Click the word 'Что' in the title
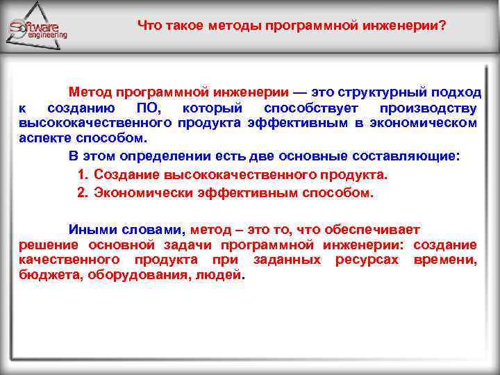coord(148,26)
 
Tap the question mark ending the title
coord(442,26)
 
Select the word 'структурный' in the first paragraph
coord(376,92)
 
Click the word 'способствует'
coord(311,108)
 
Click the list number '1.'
coord(83,174)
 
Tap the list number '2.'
coord(83,192)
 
